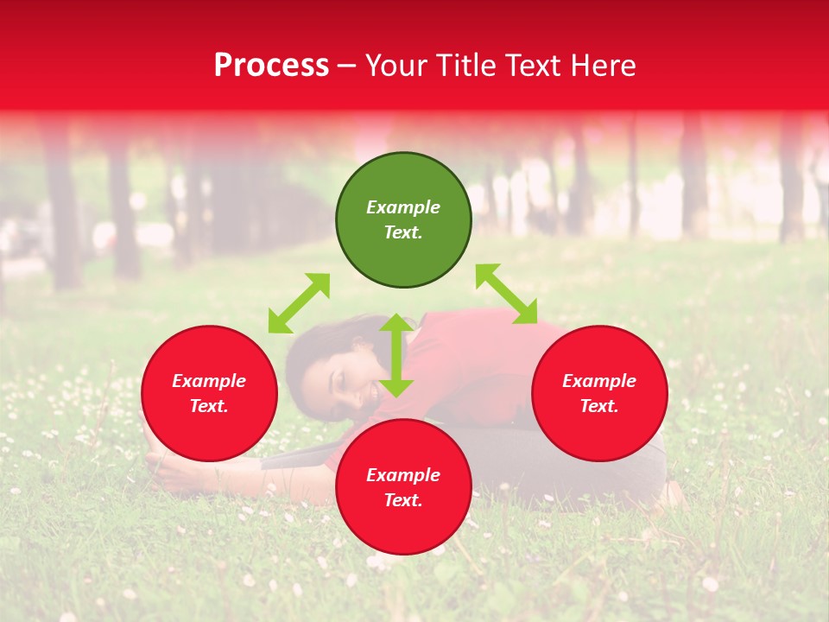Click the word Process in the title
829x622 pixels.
point(271,66)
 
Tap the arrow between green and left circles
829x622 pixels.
point(299,303)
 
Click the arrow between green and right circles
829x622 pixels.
point(506,294)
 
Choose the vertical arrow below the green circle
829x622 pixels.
point(396,355)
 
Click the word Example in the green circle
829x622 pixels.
point(403,207)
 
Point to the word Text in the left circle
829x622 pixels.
point(209,406)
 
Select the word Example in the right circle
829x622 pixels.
point(599,381)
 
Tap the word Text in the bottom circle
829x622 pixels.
point(403,500)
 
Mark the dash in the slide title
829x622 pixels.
point(347,66)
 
